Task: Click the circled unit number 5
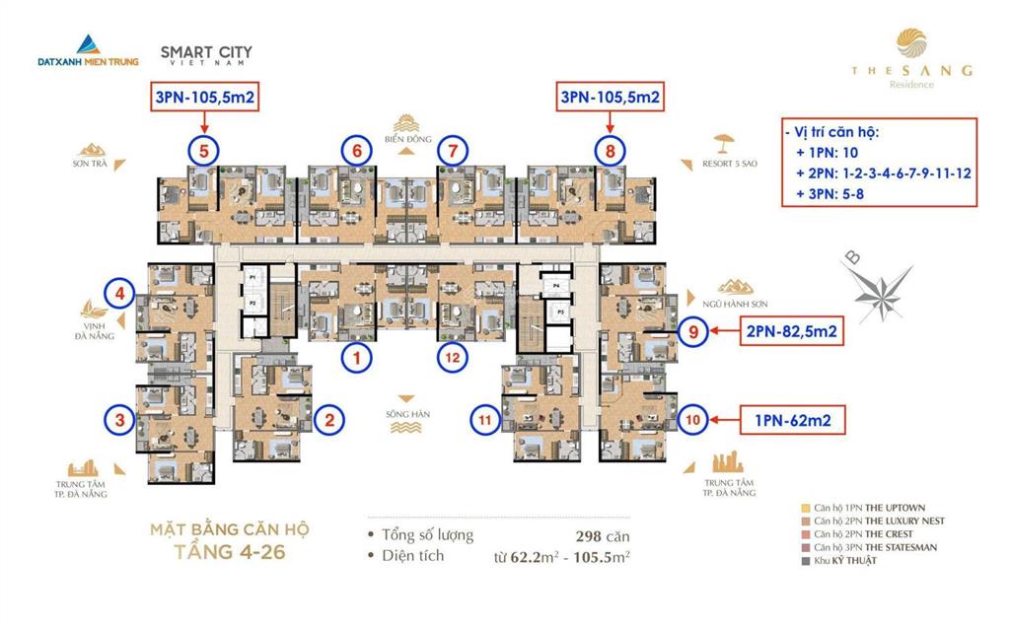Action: [x=203, y=152]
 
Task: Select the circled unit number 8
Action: [x=611, y=152]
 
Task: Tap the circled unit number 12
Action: [x=451, y=358]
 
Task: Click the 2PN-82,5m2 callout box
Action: [x=791, y=333]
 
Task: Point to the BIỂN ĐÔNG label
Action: [x=404, y=141]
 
